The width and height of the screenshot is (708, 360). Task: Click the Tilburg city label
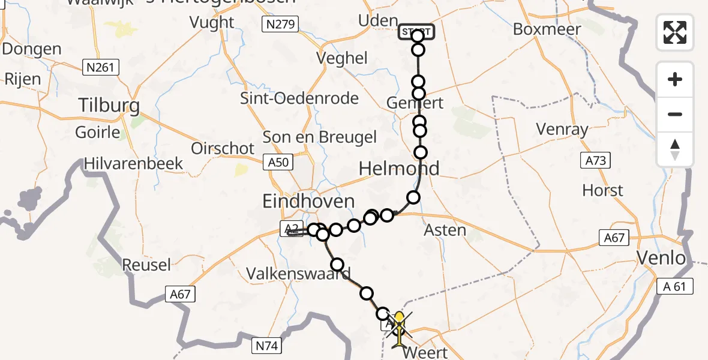109,106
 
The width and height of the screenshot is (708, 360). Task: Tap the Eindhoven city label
308,201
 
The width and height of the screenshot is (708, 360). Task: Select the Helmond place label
398,169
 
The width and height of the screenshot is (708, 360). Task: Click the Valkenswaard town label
298,274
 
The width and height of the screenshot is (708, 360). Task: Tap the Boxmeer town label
547,29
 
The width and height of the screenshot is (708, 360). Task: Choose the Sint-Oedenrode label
299,98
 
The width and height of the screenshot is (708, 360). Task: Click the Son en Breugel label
320,136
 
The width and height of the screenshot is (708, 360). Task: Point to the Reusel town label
146,264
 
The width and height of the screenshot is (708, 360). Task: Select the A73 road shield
595,160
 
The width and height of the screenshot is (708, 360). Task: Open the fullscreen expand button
675,32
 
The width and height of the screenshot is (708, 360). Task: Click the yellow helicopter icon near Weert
398,327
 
